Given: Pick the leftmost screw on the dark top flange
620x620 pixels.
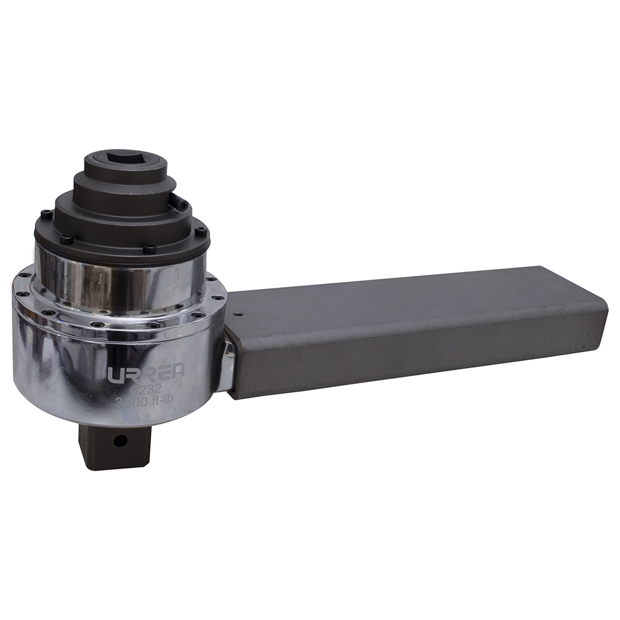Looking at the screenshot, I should (x=44, y=215).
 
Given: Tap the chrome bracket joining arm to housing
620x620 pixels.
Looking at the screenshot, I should (x=226, y=366).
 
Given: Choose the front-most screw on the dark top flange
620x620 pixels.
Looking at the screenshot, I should (x=148, y=249).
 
